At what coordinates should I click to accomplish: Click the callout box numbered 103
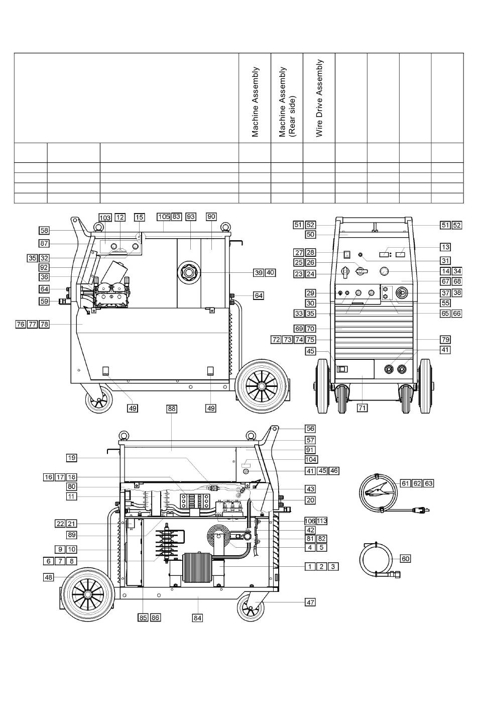tap(105, 218)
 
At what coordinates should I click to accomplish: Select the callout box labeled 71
tap(362, 408)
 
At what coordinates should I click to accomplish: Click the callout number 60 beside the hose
tap(405, 559)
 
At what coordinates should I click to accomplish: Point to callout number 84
tap(198, 618)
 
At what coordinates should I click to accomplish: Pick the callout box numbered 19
tap(72, 458)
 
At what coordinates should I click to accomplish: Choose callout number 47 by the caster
tap(310, 602)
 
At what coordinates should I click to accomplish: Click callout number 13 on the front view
tap(445, 247)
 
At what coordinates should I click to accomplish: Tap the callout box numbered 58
tap(45, 230)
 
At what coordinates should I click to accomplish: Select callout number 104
tap(310, 460)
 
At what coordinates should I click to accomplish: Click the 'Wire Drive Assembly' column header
tap(319, 98)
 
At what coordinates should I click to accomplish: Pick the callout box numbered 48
tap(48, 577)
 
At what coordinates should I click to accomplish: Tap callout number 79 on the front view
tap(445, 339)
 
